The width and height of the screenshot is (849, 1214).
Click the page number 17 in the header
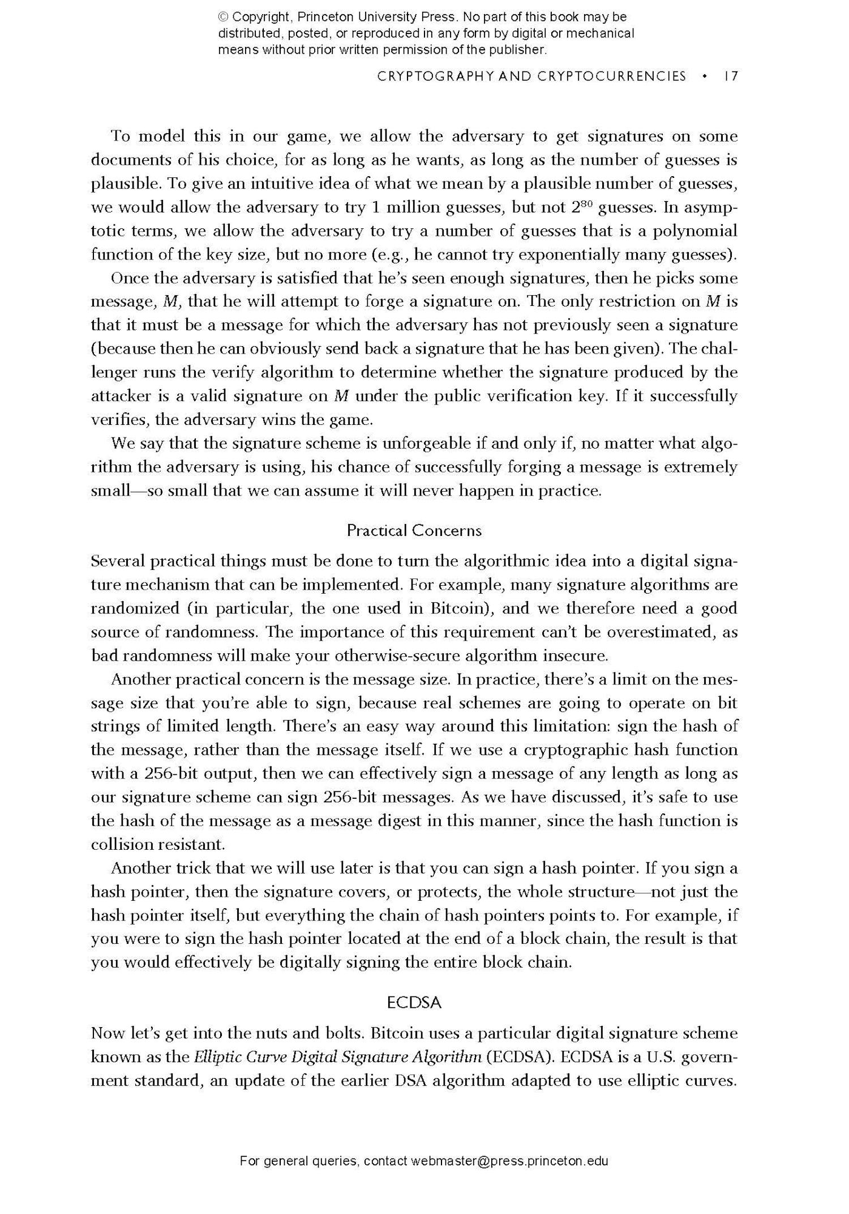coord(731,76)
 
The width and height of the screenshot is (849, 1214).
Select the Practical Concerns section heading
coord(414,531)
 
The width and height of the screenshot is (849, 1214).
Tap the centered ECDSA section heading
coord(414,1003)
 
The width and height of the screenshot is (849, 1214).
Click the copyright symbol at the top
coord(223,18)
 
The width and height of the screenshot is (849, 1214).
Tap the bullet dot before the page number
coord(704,76)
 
